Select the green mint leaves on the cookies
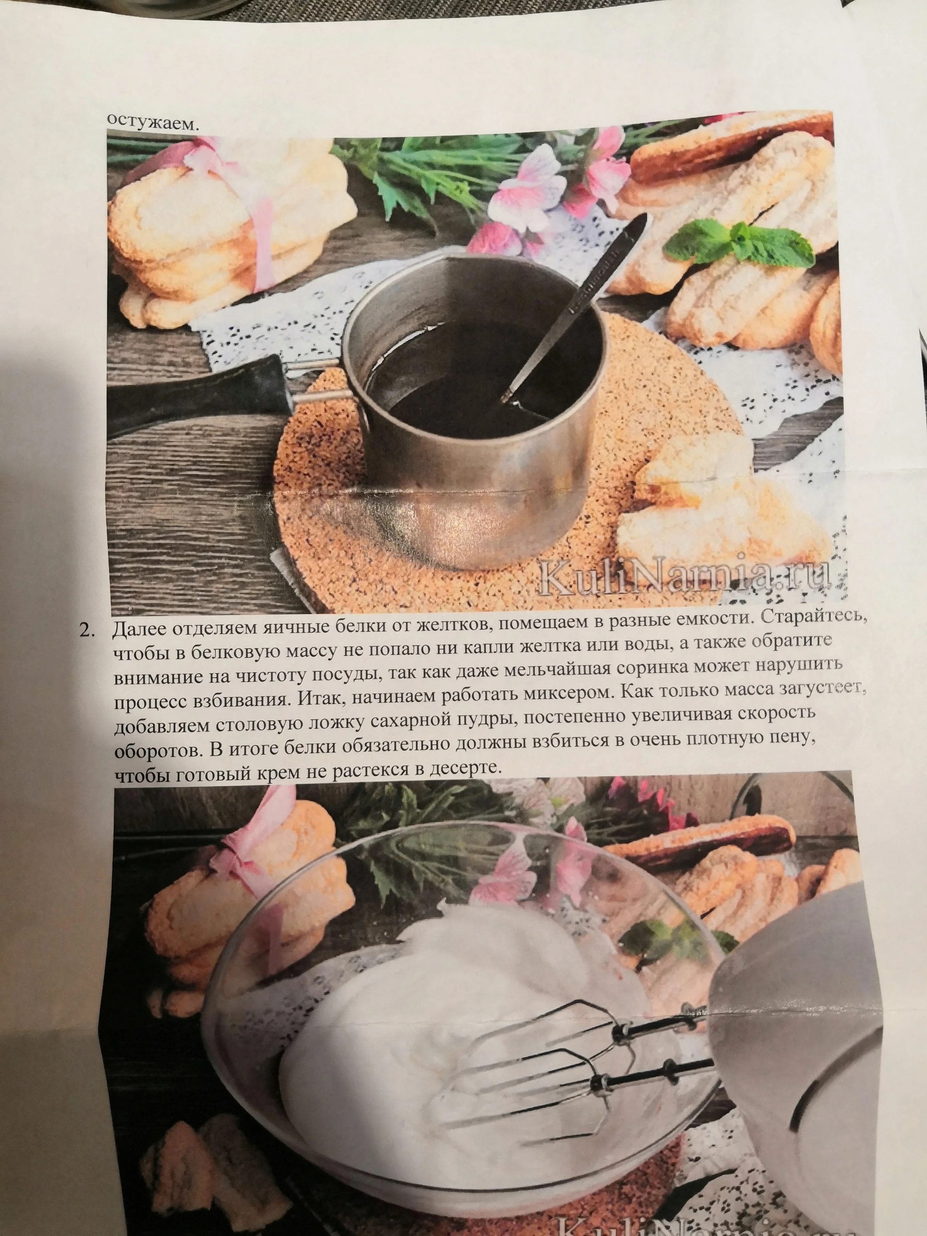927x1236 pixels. [x=743, y=240]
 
